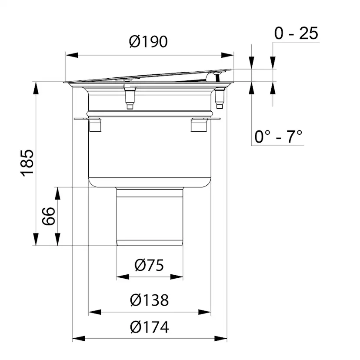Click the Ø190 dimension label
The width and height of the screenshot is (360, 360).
tap(148, 42)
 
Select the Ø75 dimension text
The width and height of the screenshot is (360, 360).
tap(149, 265)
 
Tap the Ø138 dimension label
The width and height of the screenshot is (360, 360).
tap(149, 300)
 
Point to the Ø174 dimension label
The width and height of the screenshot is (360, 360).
tap(149, 327)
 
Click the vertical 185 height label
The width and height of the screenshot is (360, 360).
tap(27, 163)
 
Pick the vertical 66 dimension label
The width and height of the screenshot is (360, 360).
tap(49, 216)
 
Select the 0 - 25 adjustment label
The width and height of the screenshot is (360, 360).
tap(296, 33)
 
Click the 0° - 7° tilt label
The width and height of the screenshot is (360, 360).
tap(278, 137)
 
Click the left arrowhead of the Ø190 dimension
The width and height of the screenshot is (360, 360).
tap(72, 55)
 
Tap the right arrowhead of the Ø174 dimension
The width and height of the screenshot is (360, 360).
tap(221, 338)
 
